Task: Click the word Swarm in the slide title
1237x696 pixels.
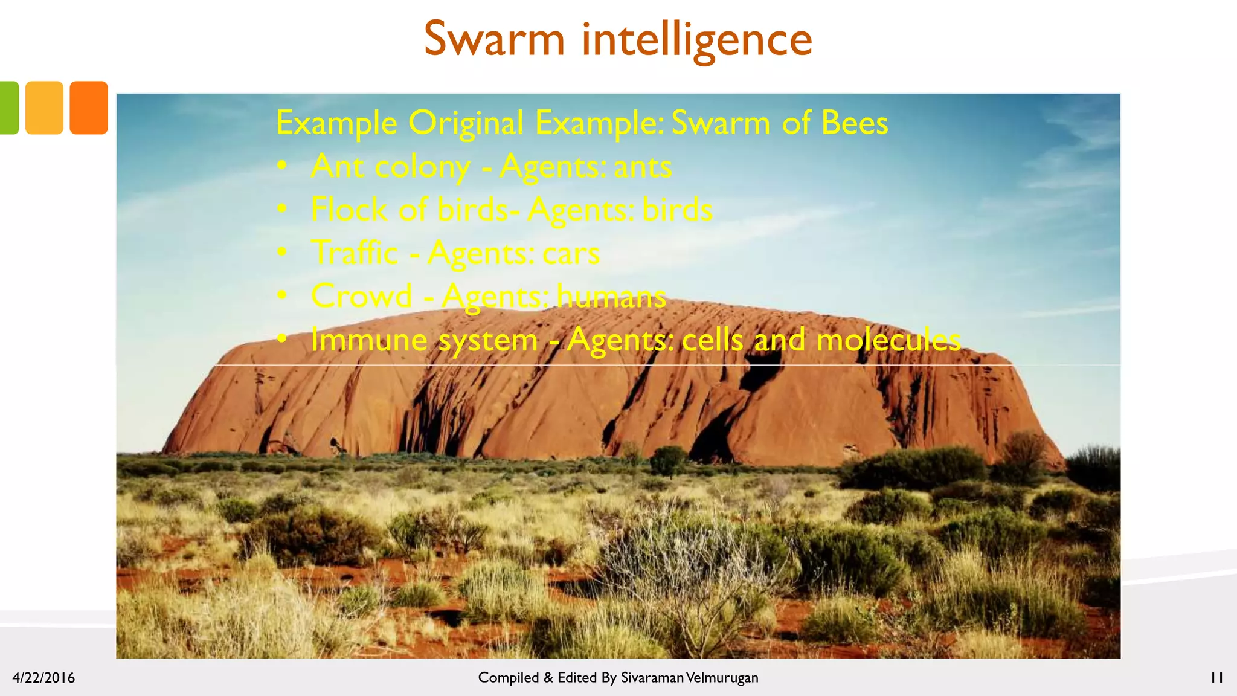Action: click(494, 39)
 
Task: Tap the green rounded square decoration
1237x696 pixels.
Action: click(8, 108)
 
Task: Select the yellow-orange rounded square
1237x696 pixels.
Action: click(44, 108)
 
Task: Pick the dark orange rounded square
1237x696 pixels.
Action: click(89, 108)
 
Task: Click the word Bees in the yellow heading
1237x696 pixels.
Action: click(855, 123)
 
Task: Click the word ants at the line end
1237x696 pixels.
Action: click(643, 167)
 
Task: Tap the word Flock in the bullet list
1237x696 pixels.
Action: click(349, 210)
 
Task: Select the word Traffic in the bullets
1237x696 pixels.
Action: click(355, 253)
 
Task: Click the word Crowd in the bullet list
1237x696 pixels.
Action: click(361, 296)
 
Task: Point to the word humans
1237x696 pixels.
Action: click(611, 296)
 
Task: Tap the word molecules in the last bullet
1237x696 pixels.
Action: click(888, 340)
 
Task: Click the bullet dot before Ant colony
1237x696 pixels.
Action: click(282, 167)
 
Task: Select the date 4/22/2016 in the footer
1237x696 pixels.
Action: click(43, 678)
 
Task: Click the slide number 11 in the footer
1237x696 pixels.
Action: click(1216, 678)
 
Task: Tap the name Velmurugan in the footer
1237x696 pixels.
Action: click(722, 678)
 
